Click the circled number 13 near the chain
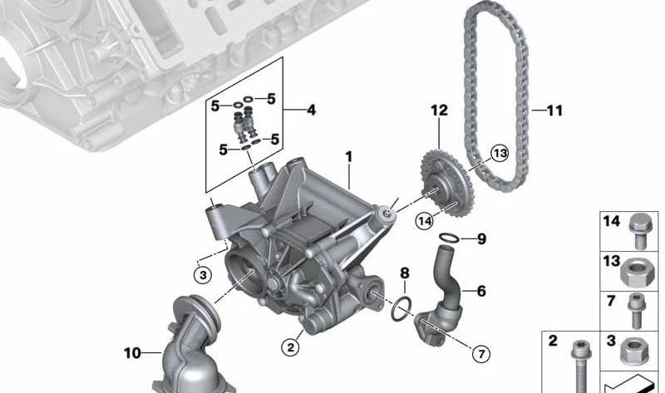(500, 153)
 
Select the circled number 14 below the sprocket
(425, 220)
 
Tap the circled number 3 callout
(203, 275)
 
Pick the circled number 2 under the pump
(290, 347)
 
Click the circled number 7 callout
(481, 354)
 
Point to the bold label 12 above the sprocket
(440, 111)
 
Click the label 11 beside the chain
(554, 111)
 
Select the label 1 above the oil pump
(348, 157)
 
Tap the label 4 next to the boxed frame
(311, 111)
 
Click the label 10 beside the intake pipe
(132, 353)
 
